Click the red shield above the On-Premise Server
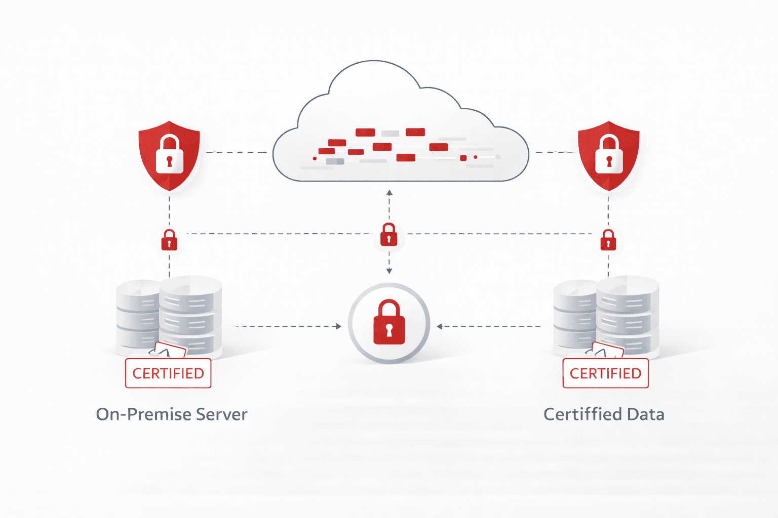(169, 155)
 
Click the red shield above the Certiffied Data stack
(608, 155)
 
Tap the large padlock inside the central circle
(389, 323)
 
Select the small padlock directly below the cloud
(389, 234)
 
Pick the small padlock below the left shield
(169, 240)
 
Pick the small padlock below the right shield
(608, 240)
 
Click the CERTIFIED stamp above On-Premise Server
(168, 373)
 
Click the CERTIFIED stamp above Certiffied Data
(605, 373)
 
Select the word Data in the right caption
(645, 414)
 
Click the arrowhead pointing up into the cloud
(389, 193)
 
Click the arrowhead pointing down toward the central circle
(389, 272)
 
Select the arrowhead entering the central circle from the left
(339, 326)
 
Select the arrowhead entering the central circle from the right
(439, 326)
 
